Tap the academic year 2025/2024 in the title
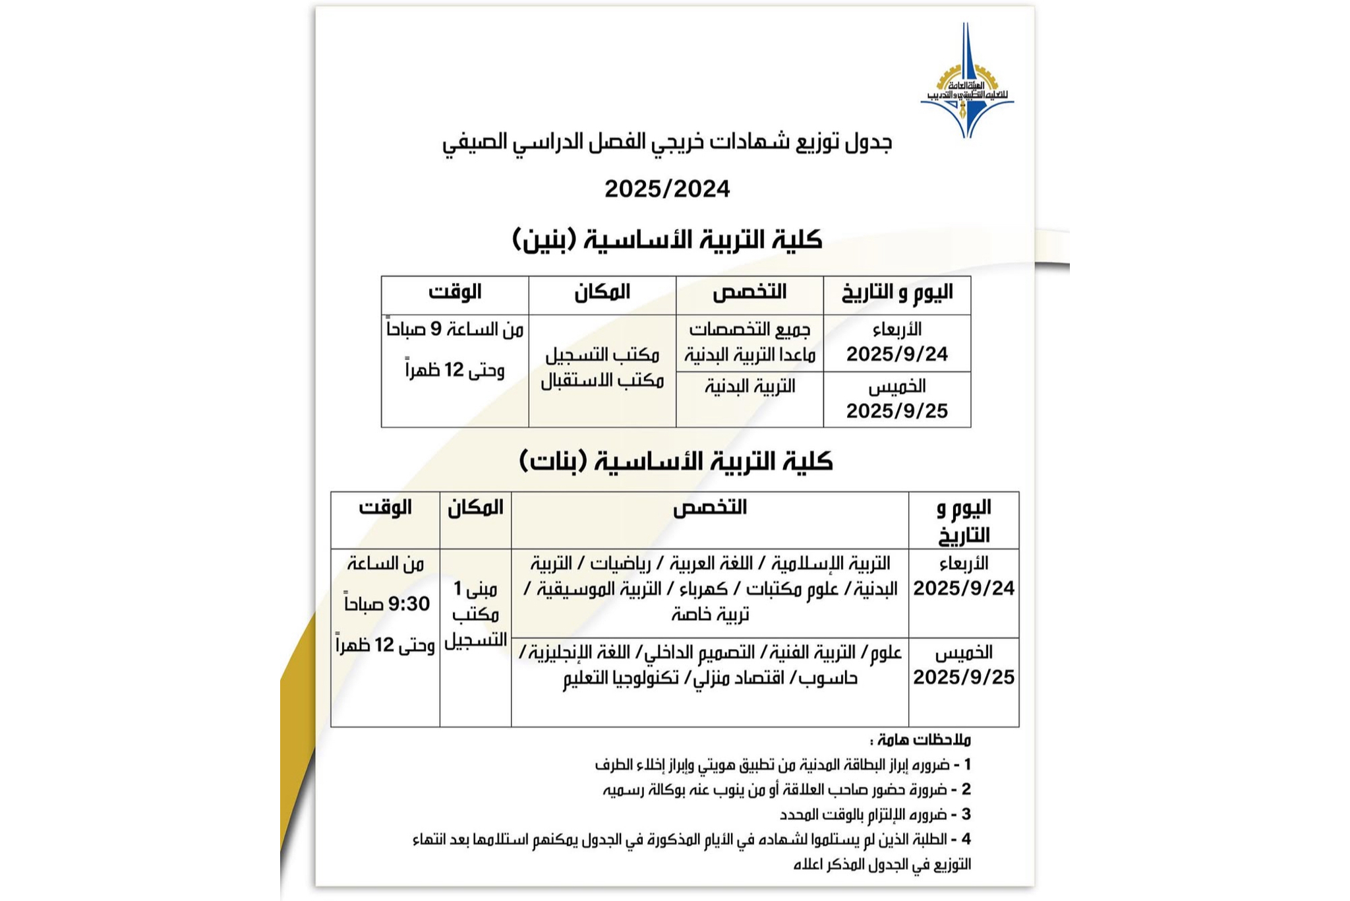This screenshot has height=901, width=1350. point(667,189)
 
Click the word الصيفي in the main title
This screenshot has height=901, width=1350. point(469,142)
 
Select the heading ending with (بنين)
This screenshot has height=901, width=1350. point(667,239)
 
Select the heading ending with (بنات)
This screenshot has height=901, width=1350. point(676,461)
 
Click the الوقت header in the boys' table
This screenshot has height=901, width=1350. point(455,292)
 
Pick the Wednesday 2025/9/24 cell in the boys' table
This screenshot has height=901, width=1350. point(896,343)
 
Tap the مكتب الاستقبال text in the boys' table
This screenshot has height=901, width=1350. point(602,381)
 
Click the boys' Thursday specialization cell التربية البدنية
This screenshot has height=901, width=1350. point(749,386)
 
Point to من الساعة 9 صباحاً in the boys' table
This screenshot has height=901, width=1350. point(455,329)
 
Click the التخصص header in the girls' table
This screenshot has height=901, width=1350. point(709,507)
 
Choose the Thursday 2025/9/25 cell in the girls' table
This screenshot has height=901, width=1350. point(963,665)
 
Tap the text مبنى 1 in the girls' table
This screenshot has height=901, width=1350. point(475,588)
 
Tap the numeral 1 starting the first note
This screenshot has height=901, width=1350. point(967,764)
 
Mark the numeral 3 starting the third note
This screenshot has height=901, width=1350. point(967,814)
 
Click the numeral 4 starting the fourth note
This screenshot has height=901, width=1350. point(967,839)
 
